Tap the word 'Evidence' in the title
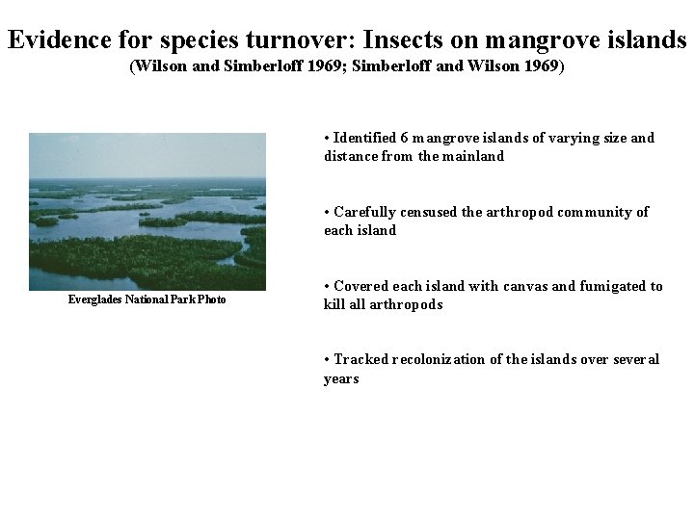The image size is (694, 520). click(x=59, y=40)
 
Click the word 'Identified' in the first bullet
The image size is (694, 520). click(x=365, y=138)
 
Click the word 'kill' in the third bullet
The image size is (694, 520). click(x=334, y=304)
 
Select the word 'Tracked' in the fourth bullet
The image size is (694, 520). click(x=361, y=359)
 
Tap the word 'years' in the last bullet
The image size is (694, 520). click(x=341, y=378)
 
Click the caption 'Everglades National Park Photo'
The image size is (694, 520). click(x=147, y=299)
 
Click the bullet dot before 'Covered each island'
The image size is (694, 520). click(x=328, y=286)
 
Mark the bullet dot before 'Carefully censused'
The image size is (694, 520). click(x=328, y=212)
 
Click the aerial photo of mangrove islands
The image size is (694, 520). click(x=147, y=212)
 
